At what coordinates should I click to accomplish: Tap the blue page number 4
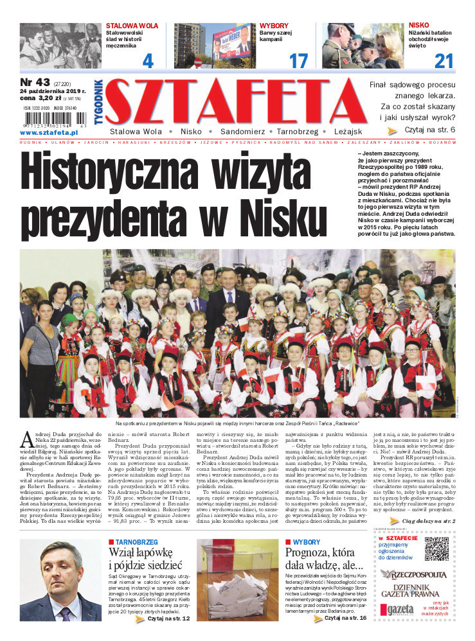148,62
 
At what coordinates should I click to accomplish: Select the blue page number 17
298,62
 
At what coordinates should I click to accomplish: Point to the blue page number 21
444,62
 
